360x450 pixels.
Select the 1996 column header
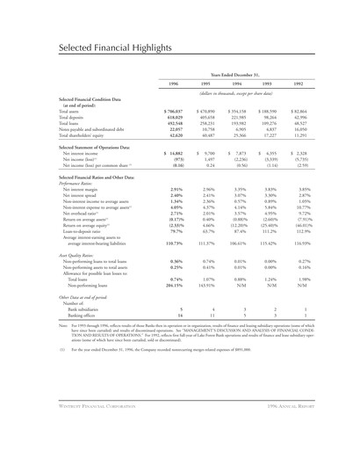pos(173,83)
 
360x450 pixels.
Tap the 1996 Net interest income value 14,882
pos(176,155)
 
